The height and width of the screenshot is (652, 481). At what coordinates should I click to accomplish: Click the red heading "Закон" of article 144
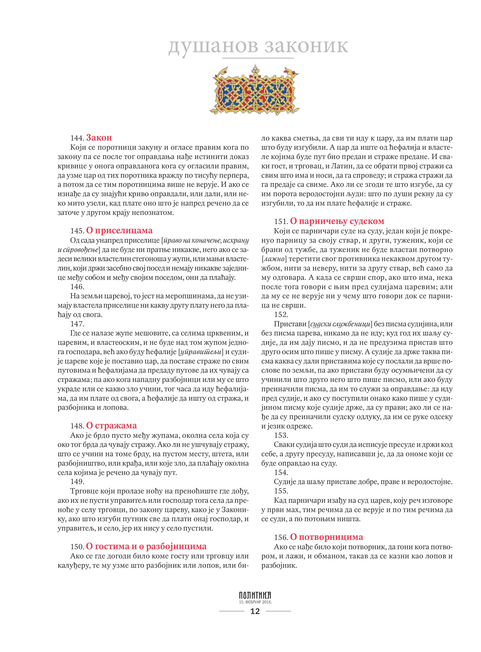pyautogui.click(x=99, y=138)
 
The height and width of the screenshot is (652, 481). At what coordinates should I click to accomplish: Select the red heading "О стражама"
pyautogui.click(x=111, y=426)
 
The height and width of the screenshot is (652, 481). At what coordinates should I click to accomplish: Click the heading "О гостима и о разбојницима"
pyautogui.click(x=146, y=546)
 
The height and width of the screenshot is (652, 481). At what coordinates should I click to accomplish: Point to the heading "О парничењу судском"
pyautogui.click(x=337, y=221)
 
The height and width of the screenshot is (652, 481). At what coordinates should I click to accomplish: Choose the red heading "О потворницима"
pyautogui.click(x=326, y=537)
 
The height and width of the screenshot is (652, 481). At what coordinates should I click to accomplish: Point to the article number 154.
pyautogui.click(x=281, y=472)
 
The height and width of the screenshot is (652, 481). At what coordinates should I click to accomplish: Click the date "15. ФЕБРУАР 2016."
pyautogui.click(x=255, y=602)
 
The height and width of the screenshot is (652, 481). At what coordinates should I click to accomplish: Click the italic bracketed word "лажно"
pyautogui.click(x=274, y=259)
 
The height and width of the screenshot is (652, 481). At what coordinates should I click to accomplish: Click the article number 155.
pyautogui.click(x=281, y=491)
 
